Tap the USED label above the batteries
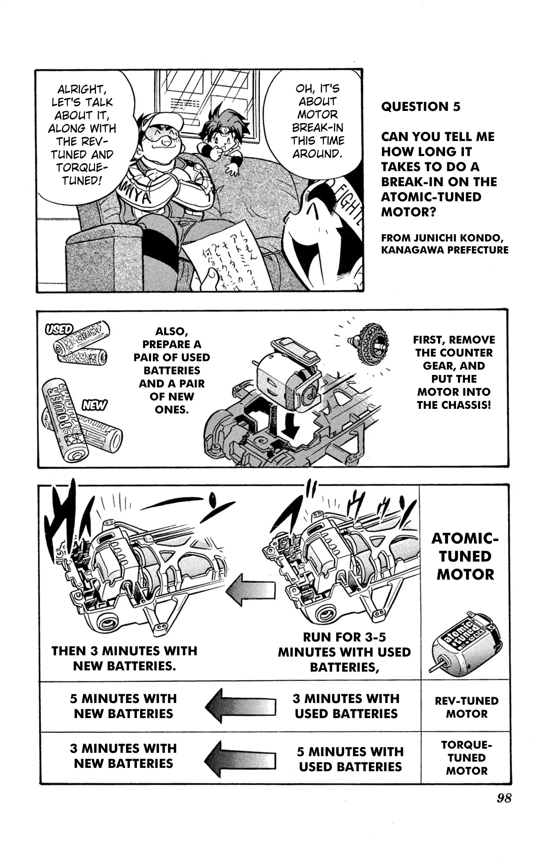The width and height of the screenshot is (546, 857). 59,329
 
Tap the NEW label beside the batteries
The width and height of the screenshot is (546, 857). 94,405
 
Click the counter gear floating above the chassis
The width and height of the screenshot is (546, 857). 369,344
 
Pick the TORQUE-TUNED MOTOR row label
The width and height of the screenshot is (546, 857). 466,757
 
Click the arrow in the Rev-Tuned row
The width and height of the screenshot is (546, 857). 240,706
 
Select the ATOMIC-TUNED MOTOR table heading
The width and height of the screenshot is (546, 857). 465,556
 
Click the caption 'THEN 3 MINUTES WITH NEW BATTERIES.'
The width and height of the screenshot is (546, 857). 124,658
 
